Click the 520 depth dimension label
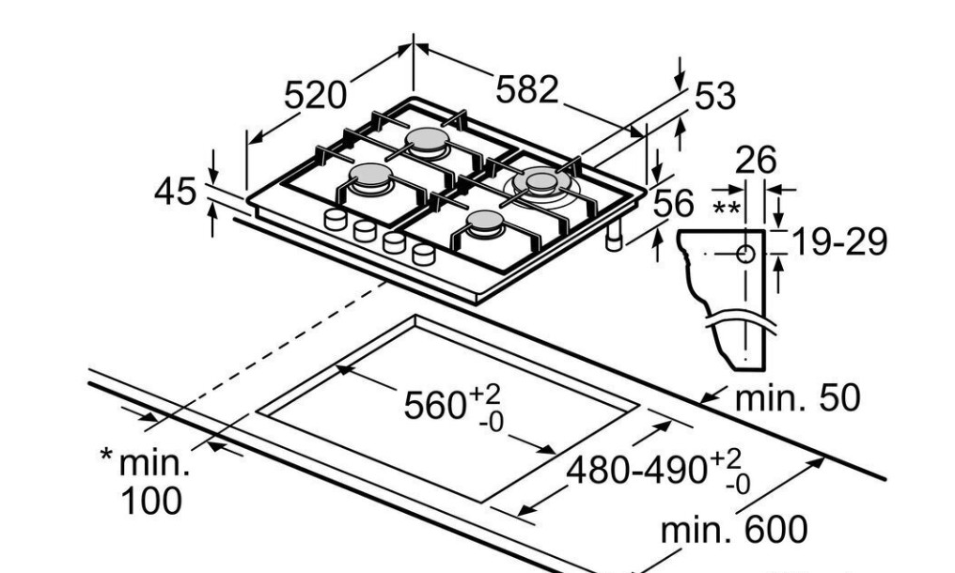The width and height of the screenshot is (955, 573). (315, 95)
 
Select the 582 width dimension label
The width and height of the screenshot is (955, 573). (526, 89)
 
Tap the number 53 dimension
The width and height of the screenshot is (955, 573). (714, 96)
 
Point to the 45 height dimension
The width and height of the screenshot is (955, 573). (176, 192)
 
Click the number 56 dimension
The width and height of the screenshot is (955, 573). (672, 203)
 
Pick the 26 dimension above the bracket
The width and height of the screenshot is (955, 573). (756, 161)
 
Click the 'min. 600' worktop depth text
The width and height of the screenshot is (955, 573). (733, 531)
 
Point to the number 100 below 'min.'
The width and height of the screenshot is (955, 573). (151, 500)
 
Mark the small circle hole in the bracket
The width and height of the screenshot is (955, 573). (745, 253)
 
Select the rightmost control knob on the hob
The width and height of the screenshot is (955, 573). (424, 254)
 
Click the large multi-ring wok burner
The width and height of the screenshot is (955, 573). (541, 181)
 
